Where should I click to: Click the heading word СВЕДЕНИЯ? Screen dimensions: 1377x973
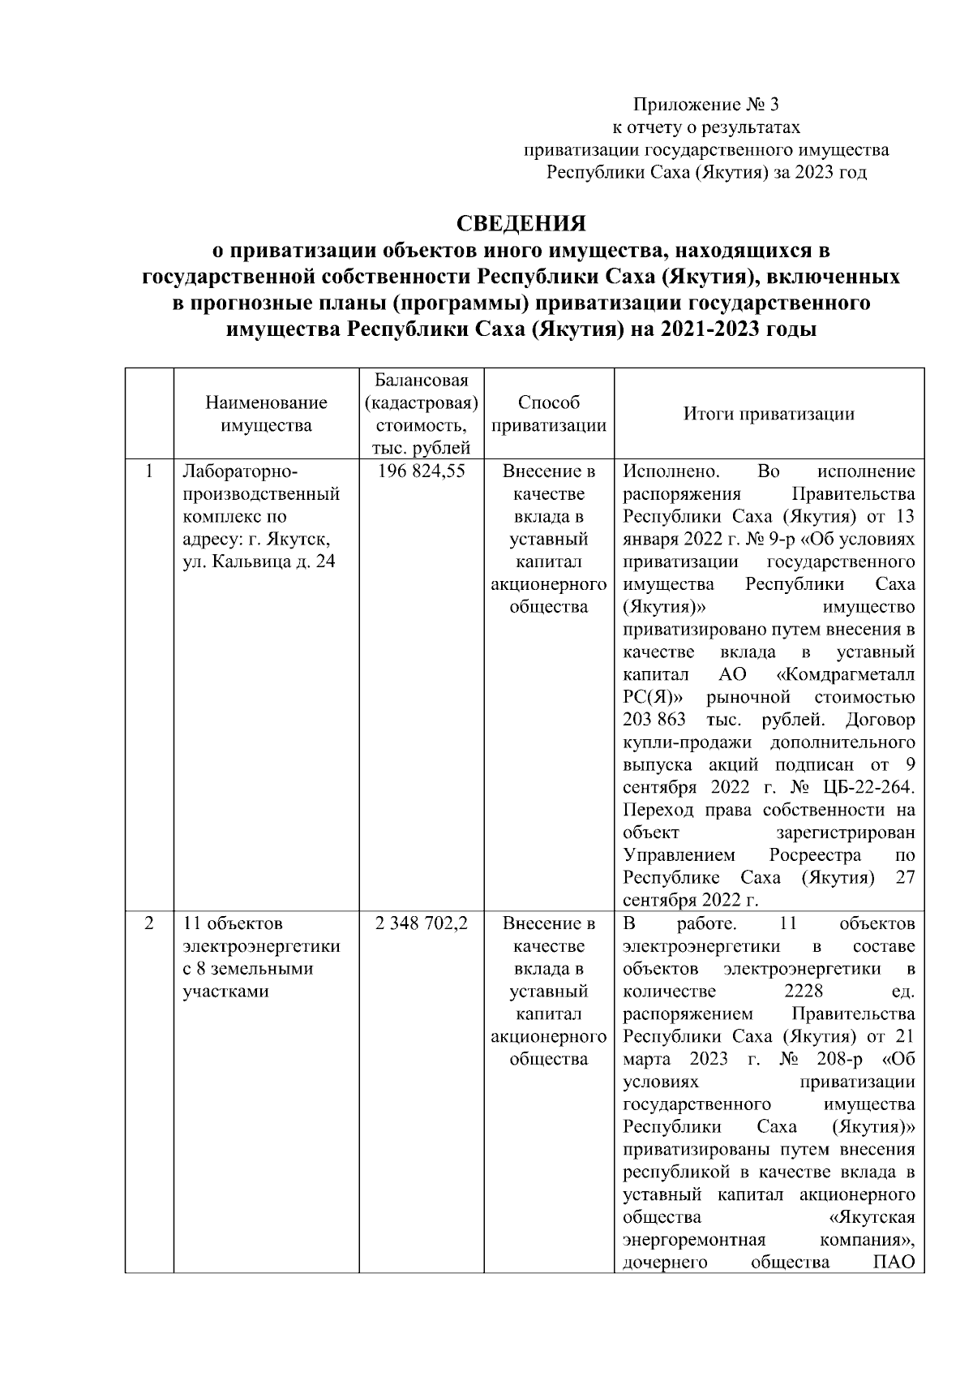coord(521,224)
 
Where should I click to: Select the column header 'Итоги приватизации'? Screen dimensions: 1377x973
coord(769,414)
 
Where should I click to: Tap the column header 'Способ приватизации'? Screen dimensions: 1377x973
coord(549,414)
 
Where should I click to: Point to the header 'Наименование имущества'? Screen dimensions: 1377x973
coord(266,414)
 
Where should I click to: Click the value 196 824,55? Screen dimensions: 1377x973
coord(422,471)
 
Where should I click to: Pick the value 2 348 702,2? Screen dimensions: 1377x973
coord(422,923)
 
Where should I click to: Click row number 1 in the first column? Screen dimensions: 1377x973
coord(149,471)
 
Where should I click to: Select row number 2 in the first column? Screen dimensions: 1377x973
coord(149,923)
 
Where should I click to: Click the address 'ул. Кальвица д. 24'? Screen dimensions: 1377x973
coord(259,562)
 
